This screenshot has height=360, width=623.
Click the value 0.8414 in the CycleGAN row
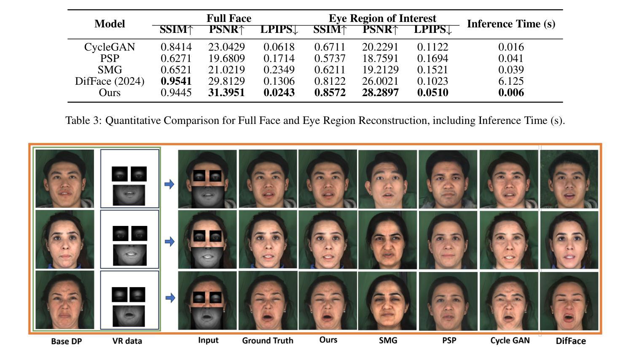click(176, 47)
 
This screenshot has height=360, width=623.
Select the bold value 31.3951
click(226, 92)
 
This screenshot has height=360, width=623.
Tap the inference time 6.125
click(511, 81)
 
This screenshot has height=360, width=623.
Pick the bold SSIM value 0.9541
click(176, 81)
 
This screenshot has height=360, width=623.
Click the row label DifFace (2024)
click(110, 81)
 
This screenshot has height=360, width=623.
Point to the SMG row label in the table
click(110, 70)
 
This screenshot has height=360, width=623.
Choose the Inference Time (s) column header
click(511, 24)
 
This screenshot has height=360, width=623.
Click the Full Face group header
click(229, 19)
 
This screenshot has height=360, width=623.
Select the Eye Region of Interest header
click(382, 19)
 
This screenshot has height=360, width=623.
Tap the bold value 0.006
click(511, 92)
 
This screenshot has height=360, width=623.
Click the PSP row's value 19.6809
click(226, 58)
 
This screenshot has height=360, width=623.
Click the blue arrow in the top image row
click(169, 184)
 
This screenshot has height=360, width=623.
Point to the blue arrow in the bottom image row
click(170, 298)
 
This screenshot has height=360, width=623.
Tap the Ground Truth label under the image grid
click(268, 341)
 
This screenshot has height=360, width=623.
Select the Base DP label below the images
click(67, 341)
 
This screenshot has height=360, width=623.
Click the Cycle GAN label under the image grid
click(510, 341)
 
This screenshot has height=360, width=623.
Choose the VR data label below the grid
click(127, 341)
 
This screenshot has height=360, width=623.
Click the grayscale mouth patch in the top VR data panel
click(129, 195)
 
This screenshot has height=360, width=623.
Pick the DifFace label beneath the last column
click(571, 341)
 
